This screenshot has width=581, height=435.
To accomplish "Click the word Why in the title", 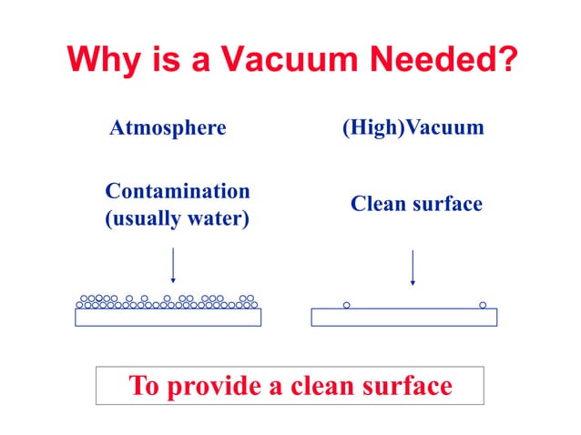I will point(102,61).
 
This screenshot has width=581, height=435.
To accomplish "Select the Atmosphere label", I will point(168,128).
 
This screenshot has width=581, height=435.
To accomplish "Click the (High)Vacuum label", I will point(413,128).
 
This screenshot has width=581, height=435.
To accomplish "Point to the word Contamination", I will point(178,191).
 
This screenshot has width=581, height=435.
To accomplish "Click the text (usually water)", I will point(178,219).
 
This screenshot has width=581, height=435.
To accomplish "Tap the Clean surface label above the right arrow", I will point(416,205).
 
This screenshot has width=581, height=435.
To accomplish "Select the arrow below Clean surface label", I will point(413,267).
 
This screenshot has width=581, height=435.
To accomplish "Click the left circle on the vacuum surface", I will point(346,305).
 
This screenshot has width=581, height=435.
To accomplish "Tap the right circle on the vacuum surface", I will point(483,305).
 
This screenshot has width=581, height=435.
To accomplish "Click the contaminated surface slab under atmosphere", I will point(168,317).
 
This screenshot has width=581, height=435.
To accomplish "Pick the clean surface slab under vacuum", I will point(403,317).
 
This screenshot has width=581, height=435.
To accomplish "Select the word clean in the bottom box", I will point(324,385).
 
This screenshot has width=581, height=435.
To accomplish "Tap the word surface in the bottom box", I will point(409,385).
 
